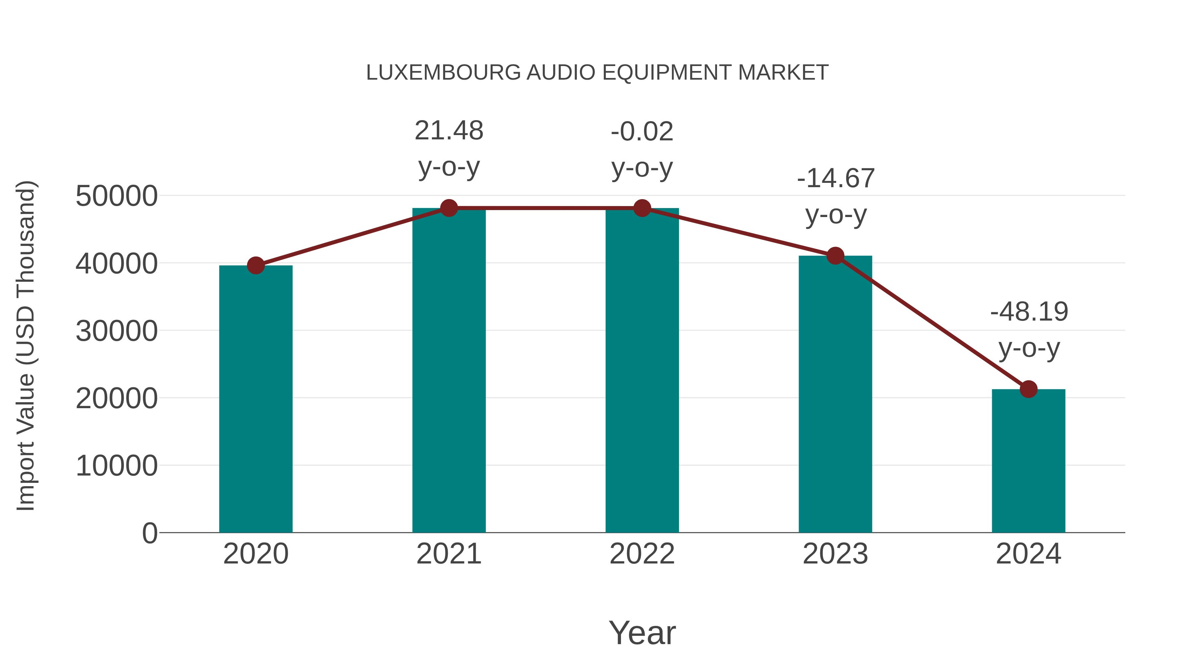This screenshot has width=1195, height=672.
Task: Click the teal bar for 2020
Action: [256, 399]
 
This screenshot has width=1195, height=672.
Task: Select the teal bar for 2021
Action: [448, 371]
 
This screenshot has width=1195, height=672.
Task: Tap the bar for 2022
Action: [642, 371]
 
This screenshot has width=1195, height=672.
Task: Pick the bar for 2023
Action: [835, 394]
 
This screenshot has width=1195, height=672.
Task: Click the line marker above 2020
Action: [256, 266]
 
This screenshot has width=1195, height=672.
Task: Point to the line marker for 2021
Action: [448, 208]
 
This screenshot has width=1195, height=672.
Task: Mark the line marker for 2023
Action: [835, 256]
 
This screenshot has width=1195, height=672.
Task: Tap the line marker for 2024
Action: [1028, 389]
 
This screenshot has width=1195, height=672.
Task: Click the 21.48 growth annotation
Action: [448, 131]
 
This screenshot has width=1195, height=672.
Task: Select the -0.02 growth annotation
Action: [642, 132]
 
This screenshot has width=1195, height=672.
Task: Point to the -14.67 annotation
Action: [836, 179]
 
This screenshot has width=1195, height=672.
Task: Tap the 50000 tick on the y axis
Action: [117, 196]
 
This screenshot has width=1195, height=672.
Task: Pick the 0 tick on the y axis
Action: [149, 533]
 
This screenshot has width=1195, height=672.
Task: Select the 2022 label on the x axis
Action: [642, 554]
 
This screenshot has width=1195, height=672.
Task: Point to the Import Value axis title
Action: [26, 345]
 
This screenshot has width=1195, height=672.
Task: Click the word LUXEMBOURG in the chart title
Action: [443, 73]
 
